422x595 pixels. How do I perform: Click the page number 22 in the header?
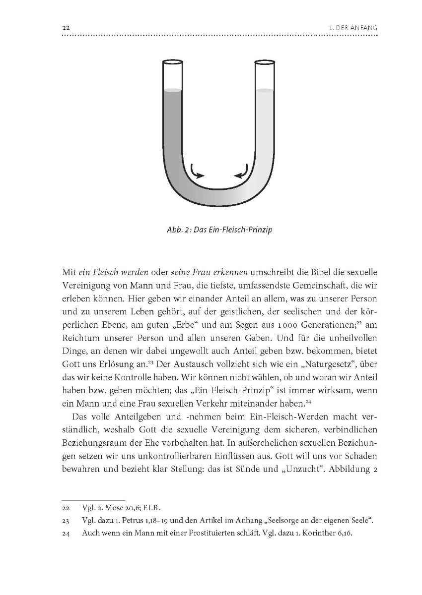pos(66,28)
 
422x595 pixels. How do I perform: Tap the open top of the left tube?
pos(172,62)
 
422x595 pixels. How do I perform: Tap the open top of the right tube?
pos(265,62)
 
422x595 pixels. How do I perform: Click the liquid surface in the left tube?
pos(172,91)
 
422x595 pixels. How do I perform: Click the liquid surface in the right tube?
pos(265,91)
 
